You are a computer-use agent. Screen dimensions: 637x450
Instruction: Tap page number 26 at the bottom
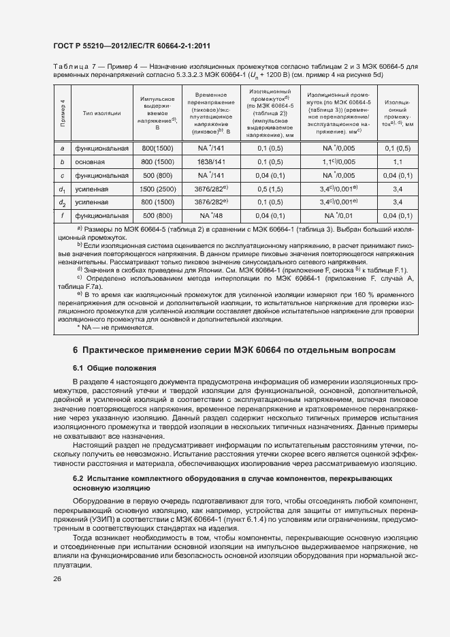click(56, 578)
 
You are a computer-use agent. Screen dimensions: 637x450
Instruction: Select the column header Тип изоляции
click(101, 113)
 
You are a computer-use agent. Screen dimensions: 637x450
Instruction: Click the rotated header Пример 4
click(62, 113)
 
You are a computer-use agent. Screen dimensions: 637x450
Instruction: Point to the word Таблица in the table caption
click(70, 67)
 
